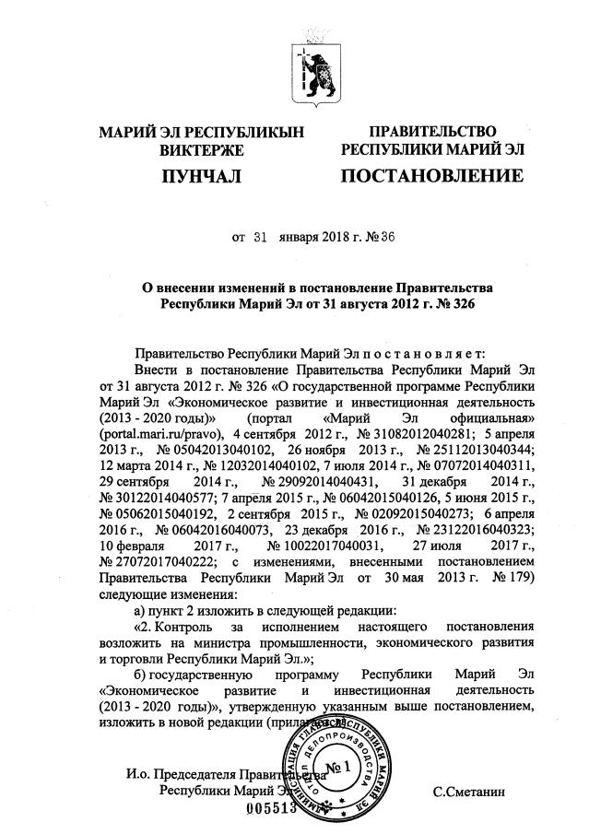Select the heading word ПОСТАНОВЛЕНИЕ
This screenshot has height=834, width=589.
(x=431, y=175)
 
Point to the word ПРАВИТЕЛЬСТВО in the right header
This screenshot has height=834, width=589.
(x=432, y=132)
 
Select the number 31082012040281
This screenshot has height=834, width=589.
(x=409, y=431)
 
